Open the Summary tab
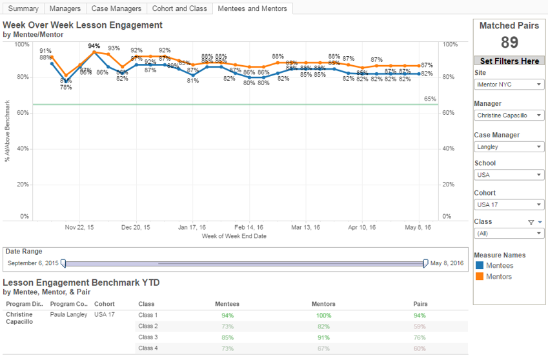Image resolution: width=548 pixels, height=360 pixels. coord(23,9)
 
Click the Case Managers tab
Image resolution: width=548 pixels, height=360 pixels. coord(116,9)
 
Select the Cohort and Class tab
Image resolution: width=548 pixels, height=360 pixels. coord(179,9)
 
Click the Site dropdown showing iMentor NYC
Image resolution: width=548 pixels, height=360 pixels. coord(509,85)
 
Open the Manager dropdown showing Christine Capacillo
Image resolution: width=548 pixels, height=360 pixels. coord(509,115)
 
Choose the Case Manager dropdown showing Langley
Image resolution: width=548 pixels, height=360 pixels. coord(509,146)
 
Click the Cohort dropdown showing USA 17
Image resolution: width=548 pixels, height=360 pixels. coord(509,205)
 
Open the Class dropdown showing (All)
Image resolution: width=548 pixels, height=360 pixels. coord(509,234)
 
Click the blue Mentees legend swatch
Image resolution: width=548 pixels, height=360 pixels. coord(479,265)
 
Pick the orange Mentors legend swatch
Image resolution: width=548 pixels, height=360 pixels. coord(479,276)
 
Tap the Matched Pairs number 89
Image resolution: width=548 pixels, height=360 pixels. coord(509,43)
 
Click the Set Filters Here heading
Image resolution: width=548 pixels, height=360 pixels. coord(509,61)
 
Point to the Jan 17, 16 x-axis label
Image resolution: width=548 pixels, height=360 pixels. coord(192,227)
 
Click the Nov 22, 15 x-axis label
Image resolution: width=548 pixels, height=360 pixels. coord(79,227)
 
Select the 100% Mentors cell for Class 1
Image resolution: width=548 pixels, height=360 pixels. coord(323,315)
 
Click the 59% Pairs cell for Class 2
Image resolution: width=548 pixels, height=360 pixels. coord(420,326)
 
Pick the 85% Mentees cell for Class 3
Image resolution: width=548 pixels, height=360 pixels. coord(227,337)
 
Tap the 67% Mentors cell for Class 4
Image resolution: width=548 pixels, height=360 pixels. coord(323,348)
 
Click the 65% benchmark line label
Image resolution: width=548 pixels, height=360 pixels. coord(430,99)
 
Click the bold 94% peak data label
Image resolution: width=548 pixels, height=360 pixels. coord(94,46)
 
